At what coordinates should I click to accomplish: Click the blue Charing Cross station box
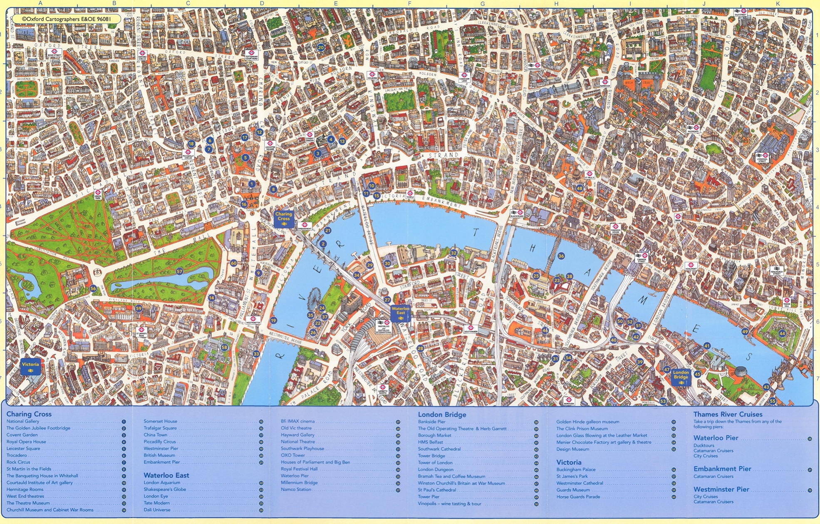click(x=284, y=219)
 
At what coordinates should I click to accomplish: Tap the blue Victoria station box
click(x=30, y=367)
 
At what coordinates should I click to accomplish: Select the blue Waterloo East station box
click(x=400, y=313)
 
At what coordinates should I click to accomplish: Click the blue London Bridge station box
click(x=681, y=377)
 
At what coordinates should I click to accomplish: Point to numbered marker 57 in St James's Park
click(x=179, y=271)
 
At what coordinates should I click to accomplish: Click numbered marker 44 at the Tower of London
click(x=782, y=333)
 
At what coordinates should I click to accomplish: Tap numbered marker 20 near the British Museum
click(x=321, y=47)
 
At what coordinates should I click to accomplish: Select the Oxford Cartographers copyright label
click(x=67, y=19)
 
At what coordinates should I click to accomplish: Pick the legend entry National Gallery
click(x=23, y=421)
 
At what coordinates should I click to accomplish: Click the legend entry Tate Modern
click(x=156, y=503)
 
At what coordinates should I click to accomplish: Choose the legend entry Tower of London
click(x=435, y=462)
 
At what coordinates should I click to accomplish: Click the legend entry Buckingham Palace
click(x=576, y=469)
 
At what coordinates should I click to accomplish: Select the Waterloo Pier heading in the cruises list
click(x=716, y=438)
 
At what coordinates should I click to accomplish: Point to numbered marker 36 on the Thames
click(x=561, y=256)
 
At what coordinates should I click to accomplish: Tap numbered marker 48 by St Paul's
click(x=580, y=188)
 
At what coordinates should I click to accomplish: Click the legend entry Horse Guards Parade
click(x=578, y=497)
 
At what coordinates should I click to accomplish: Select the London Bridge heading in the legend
click(x=442, y=415)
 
